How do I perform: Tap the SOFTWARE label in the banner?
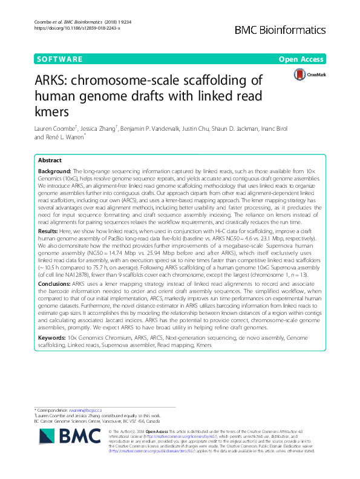(x=59, y=59)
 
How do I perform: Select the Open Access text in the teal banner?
(x=303, y=59)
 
